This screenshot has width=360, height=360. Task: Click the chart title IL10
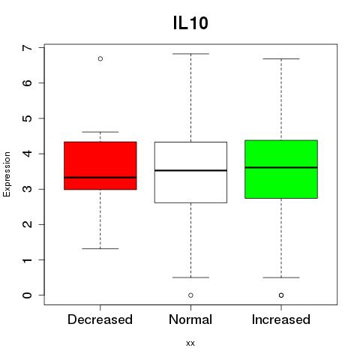point(190,23)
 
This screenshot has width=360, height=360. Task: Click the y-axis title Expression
point(7,174)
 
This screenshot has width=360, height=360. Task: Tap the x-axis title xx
point(190,343)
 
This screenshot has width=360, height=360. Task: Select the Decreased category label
point(100,319)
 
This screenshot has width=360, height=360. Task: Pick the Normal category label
point(190,319)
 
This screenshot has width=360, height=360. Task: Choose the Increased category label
point(281,319)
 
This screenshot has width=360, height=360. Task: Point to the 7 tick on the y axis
point(28,47)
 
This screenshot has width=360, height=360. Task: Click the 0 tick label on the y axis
point(28,295)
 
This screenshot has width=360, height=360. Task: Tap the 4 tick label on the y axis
point(28,154)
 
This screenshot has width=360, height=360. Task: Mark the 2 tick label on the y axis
point(28,224)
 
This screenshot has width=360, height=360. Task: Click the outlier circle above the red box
point(100,58)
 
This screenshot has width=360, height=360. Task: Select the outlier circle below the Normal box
point(190,295)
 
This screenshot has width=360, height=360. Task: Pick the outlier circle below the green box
point(281,295)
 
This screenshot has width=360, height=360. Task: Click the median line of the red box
point(100,178)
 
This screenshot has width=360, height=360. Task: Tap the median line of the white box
point(190,170)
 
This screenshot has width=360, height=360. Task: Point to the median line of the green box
point(281,167)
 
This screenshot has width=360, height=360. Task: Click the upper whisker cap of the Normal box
point(190,54)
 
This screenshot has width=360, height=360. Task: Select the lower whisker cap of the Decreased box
point(100,248)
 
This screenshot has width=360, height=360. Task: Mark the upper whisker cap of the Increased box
point(281,58)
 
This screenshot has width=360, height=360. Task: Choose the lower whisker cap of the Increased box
point(281,277)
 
